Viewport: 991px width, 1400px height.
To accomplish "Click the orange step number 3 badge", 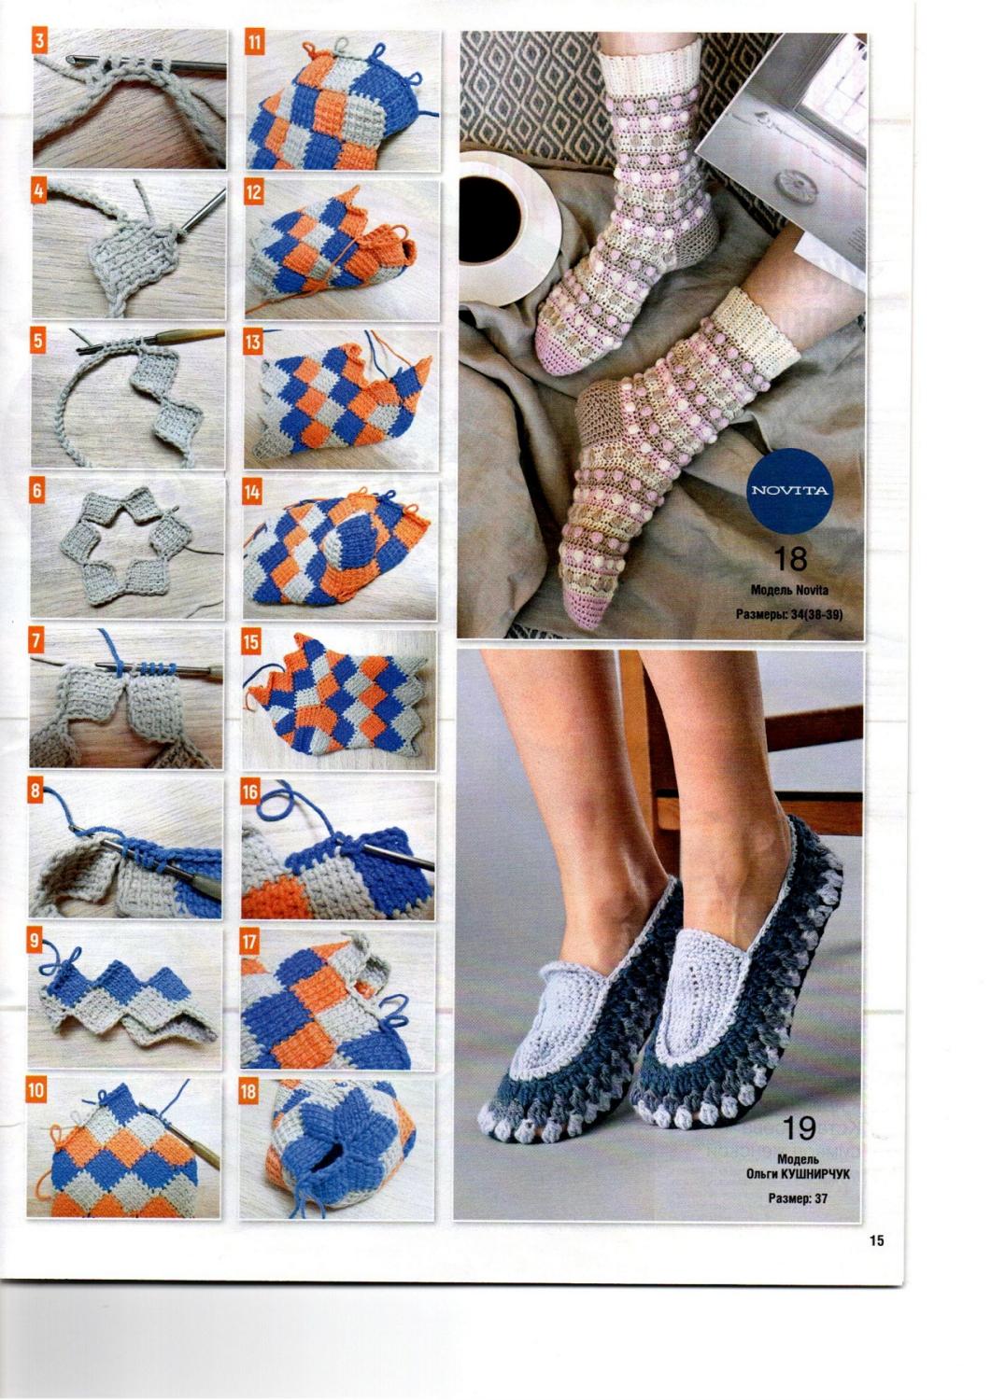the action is (x=40, y=43).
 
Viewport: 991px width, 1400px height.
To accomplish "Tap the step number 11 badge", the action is (x=254, y=43).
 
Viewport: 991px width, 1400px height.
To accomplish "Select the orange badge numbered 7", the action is (x=37, y=641).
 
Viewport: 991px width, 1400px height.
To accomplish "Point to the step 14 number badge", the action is (x=252, y=491).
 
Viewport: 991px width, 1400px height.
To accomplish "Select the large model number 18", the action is (x=790, y=559).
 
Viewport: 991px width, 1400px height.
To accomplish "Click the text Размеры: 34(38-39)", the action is (x=789, y=615).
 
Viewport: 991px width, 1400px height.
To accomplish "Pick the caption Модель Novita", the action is (x=789, y=589).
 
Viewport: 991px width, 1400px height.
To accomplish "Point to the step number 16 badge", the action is (x=250, y=791).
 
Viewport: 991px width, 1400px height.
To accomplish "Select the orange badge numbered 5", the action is (x=39, y=341).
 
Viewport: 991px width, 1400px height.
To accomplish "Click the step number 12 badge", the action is (x=253, y=192).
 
